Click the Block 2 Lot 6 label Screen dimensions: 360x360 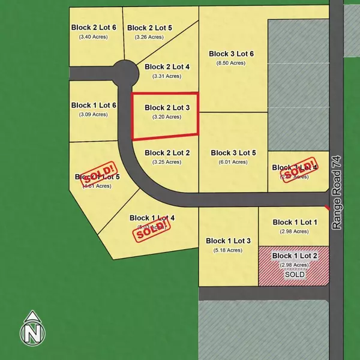[x=93, y=27]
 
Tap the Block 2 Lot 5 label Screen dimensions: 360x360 [x=150, y=27]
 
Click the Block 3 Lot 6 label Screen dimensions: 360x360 [x=232, y=53]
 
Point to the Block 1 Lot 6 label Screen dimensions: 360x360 [x=93, y=105]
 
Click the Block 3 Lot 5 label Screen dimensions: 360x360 [x=233, y=153]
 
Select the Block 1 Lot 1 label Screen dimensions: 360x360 [x=295, y=222]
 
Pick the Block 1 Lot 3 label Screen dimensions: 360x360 [x=228, y=241]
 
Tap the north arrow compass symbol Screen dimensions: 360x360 [x=31, y=329]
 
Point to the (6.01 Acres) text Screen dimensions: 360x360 [x=233, y=162]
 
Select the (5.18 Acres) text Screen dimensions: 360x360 [x=228, y=250]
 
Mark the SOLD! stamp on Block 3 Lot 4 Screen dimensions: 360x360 [x=298, y=170]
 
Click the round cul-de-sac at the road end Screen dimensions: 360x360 [x=126, y=73]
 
